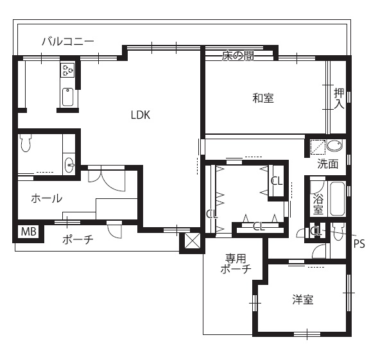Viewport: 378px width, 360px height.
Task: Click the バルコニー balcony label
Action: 68,42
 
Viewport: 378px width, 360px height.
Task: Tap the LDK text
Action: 141,115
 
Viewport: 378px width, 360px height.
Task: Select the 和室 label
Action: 263,98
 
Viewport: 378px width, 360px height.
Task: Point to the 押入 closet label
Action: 339,98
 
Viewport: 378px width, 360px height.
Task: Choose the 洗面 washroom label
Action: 327,164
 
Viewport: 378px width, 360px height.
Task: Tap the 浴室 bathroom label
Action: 318,204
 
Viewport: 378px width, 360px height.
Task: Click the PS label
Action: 359,244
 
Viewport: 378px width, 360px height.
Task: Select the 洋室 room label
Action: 303,300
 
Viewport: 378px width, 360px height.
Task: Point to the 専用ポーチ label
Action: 236,264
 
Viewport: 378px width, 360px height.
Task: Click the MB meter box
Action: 29,232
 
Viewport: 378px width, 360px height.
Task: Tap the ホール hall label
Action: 46,199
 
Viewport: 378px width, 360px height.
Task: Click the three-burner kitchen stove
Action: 67,70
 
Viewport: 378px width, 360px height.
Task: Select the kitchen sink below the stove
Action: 68,97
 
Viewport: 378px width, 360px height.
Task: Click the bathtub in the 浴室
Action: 338,199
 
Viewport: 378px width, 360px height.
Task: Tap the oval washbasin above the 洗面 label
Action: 334,145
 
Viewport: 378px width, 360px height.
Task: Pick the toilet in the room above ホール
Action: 26,142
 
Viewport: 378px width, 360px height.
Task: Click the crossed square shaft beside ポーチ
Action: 193,241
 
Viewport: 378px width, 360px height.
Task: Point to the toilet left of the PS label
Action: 338,232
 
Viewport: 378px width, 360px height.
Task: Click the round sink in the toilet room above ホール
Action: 69,165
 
